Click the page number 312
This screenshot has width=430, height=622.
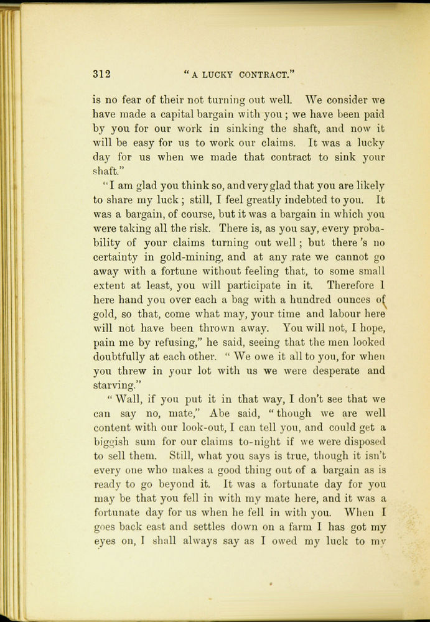tap(101, 74)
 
